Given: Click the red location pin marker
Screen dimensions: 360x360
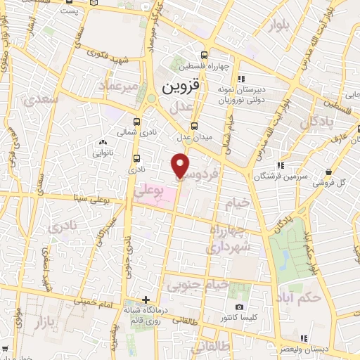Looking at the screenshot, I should coord(181,165).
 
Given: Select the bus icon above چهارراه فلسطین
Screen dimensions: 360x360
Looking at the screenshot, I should coord(204,55).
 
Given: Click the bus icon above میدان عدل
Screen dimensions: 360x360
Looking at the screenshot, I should coord(204,125).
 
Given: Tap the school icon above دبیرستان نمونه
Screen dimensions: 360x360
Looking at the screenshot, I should coord(240,79).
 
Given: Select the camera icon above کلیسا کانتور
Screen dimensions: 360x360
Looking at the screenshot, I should coord(240,307).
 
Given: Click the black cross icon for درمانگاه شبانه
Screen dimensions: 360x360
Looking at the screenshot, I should coord(146,300).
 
